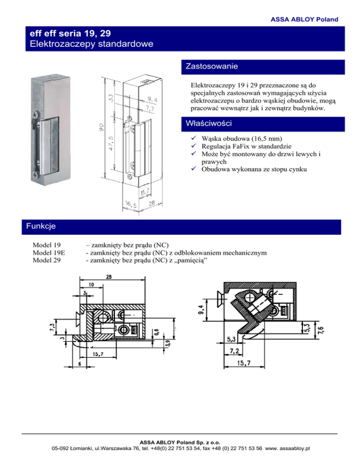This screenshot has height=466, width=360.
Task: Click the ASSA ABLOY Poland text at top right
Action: point(304,19)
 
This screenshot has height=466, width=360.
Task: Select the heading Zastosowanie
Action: point(211,66)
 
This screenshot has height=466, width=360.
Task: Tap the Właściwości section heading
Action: point(209,123)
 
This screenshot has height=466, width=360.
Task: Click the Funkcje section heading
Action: point(41,226)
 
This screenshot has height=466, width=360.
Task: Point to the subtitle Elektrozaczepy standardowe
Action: point(91,44)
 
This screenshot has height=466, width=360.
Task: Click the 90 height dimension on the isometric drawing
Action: point(101,127)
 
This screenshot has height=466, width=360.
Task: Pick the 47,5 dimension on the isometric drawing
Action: point(111,143)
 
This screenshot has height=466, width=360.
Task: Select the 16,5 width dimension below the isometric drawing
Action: point(130,204)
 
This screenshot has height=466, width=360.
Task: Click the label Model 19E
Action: point(49,253)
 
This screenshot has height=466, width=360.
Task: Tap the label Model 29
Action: point(47,260)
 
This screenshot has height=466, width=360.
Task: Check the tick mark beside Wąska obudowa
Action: point(194,138)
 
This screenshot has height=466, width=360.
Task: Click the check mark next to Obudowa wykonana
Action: point(194,168)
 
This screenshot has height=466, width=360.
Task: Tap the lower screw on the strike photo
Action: point(35,175)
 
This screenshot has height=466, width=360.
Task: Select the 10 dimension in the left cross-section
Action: point(91,285)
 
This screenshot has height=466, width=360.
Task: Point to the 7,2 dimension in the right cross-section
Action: point(234,351)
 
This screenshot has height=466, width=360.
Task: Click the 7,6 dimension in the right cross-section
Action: point(321,330)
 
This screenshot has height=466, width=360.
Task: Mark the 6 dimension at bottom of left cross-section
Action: point(80,364)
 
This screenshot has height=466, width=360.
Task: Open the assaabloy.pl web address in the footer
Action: point(287,448)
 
